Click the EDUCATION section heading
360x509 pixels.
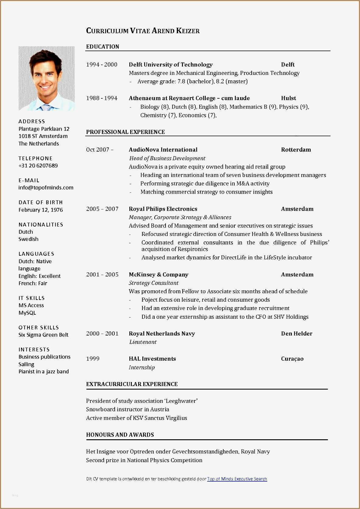pos(103,47)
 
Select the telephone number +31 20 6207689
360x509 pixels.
pos(38,166)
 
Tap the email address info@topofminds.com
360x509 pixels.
pos(46,188)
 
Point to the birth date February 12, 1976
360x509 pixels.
pos(40,210)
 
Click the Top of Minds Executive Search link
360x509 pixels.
pos(237,479)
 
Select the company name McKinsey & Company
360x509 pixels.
pos(158,274)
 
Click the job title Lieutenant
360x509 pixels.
pos(143,342)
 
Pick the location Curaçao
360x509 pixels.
pos(292,359)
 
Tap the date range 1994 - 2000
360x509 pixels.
pos(102,65)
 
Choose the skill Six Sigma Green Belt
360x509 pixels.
pos(43,335)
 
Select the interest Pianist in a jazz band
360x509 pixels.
pos(44,371)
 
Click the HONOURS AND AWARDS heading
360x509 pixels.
pos(120,435)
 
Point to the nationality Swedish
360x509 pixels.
pos(28,239)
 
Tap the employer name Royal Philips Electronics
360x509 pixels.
pos(163,209)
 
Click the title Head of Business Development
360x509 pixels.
pos(167,158)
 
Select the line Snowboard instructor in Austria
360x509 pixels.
pos(128,409)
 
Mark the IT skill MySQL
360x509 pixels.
pos(27,313)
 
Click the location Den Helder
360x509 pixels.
pos(296,333)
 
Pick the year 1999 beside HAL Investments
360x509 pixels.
pos(93,359)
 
